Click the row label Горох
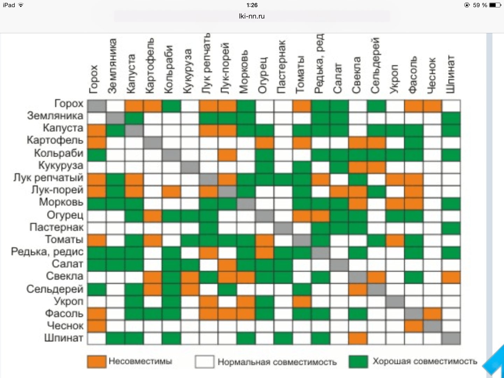[x=69, y=104]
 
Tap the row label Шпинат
[x=64, y=338]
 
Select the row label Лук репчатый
[x=48, y=177]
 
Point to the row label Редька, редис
[x=47, y=252]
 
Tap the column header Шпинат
[x=450, y=74]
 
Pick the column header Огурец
[x=262, y=76]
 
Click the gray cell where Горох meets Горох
[x=97, y=106]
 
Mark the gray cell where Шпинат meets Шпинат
[x=451, y=338]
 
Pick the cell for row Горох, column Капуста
[x=134, y=106]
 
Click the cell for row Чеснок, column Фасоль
[x=413, y=326]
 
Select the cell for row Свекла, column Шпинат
[x=451, y=277]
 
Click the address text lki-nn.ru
[x=252, y=16]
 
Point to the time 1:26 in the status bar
[x=252, y=5]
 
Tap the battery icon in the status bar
[x=495, y=5]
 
